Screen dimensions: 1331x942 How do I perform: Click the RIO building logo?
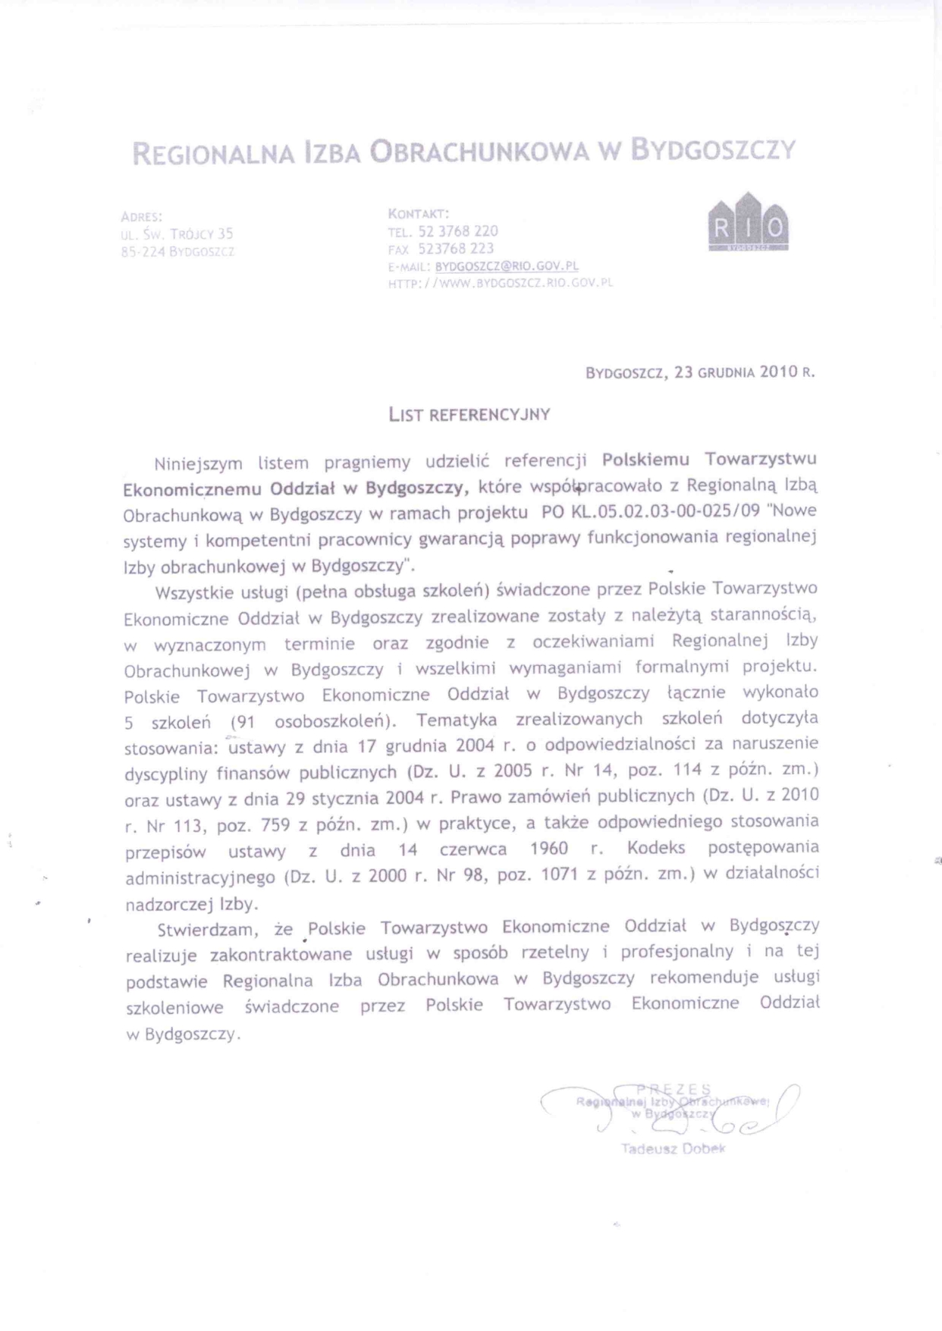coord(748,223)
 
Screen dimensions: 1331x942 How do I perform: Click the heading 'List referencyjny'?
coord(469,415)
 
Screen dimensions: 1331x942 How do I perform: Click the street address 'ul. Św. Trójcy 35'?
coord(177,234)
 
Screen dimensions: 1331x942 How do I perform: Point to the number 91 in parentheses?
coord(246,723)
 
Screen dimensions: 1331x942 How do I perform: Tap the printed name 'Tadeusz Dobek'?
coord(674,1148)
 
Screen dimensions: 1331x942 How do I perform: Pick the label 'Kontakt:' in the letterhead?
coord(419,213)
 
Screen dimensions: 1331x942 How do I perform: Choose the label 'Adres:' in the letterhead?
coord(142,217)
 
